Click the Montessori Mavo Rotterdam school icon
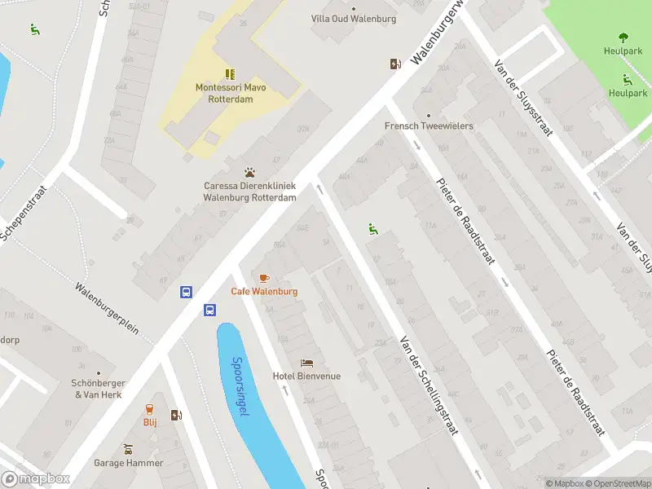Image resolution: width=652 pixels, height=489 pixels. coord(230,73)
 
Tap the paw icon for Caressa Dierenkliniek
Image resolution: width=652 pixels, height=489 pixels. coord(249,172)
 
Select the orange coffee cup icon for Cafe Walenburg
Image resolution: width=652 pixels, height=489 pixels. coord(263,278)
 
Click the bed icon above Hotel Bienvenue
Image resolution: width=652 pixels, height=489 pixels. coord(306,363)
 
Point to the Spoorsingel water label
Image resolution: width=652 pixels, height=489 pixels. coord(240,386)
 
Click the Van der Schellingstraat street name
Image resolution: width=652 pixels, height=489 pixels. coord(429,386)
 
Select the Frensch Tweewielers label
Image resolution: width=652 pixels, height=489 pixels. coord(429,126)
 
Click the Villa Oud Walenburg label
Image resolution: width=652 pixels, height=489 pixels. coord(354,19)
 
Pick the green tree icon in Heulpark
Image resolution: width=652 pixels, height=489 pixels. coord(623,37)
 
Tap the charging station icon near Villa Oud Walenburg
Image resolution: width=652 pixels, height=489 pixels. coord(395,64)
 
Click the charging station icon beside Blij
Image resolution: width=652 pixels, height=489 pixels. coord(176,416)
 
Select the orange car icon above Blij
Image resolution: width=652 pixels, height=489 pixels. coord(150,409)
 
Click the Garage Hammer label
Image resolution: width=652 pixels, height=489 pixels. coord(128,463)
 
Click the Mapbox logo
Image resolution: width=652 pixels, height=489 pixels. coord(36,479)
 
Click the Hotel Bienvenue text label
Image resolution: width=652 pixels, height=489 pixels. coord(306,377)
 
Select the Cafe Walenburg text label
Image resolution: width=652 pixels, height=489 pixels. coord(264,292)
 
